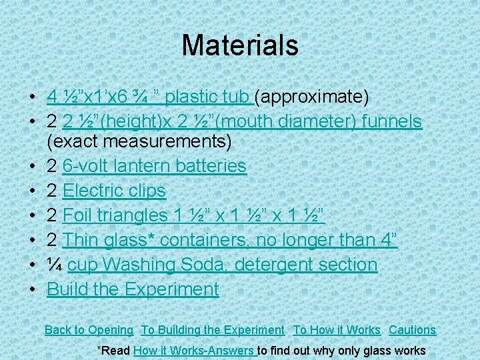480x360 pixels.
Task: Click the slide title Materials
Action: coord(239,45)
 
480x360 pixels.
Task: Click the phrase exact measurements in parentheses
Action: coord(139,141)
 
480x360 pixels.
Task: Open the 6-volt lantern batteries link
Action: coord(154,166)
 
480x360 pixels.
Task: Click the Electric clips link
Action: coord(114,191)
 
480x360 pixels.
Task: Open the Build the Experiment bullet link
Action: coord(133,289)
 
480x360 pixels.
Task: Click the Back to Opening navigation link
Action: coord(89,330)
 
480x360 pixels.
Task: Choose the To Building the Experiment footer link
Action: coord(212,330)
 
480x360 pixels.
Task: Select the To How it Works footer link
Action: coord(337,330)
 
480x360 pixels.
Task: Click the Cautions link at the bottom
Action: coord(412,330)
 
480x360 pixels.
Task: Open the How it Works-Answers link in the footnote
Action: coord(194,350)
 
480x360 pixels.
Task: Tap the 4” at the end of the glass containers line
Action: coord(387,240)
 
